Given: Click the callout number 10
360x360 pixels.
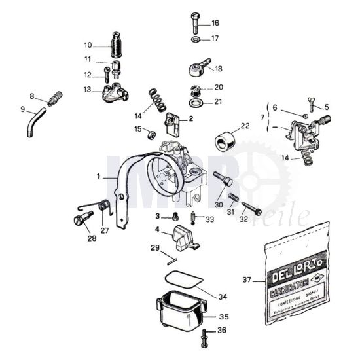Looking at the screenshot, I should coord(88,45).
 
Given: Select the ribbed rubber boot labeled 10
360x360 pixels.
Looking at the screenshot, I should coord(118,47).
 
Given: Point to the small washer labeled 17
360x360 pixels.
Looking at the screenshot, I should coord(196,39).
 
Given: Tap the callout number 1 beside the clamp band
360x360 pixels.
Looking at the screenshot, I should coord(98,176).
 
